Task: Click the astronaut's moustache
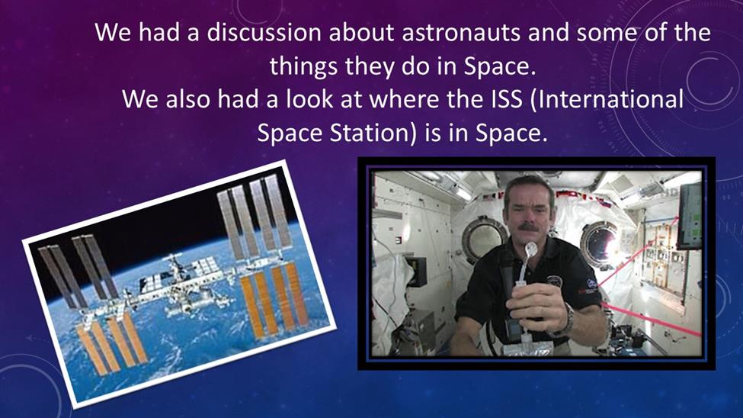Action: pyautogui.click(x=528, y=227)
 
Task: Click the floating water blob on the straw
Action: pyautogui.click(x=530, y=249)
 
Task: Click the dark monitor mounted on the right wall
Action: pyautogui.click(x=690, y=216)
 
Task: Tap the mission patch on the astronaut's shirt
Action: pyautogui.click(x=555, y=281)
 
